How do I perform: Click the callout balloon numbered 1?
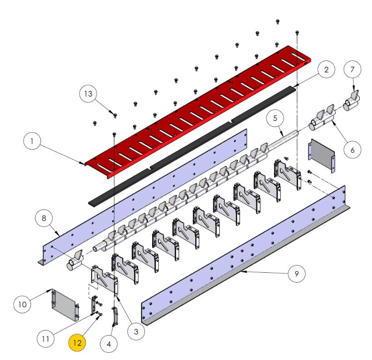[32, 141]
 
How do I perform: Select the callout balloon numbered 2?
[327, 70]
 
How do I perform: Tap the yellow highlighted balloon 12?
[77, 343]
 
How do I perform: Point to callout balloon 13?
[88, 93]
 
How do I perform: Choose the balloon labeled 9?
[297, 274]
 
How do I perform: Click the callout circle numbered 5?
[275, 118]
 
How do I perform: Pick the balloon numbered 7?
[352, 70]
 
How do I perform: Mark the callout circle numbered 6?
[352, 150]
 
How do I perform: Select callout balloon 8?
[44, 218]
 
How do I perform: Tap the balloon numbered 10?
[23, 305]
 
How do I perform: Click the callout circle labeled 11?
[45, 339]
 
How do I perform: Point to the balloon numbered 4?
[109, 344]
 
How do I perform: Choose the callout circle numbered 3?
[136, 331]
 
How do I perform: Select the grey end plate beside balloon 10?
[65, 305]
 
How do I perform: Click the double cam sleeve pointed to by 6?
[322, 118]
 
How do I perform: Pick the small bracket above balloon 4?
[115, 316]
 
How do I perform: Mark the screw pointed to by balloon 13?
[115, 115]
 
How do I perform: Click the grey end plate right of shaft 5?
[322, 155]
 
